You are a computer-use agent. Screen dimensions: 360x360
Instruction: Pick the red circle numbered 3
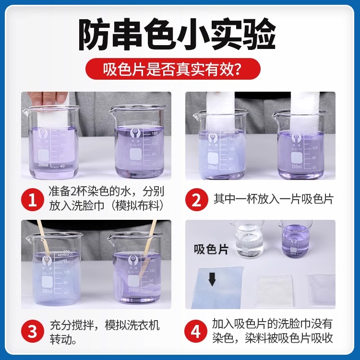coord(33,331)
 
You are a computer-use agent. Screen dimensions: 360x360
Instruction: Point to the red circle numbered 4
coord(197,331)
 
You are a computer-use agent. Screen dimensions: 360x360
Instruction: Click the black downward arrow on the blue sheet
coord(212,279)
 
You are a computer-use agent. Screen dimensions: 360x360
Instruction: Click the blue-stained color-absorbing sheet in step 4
coord(218,288)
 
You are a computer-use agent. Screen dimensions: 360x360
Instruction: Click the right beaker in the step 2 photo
coord(300,146)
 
